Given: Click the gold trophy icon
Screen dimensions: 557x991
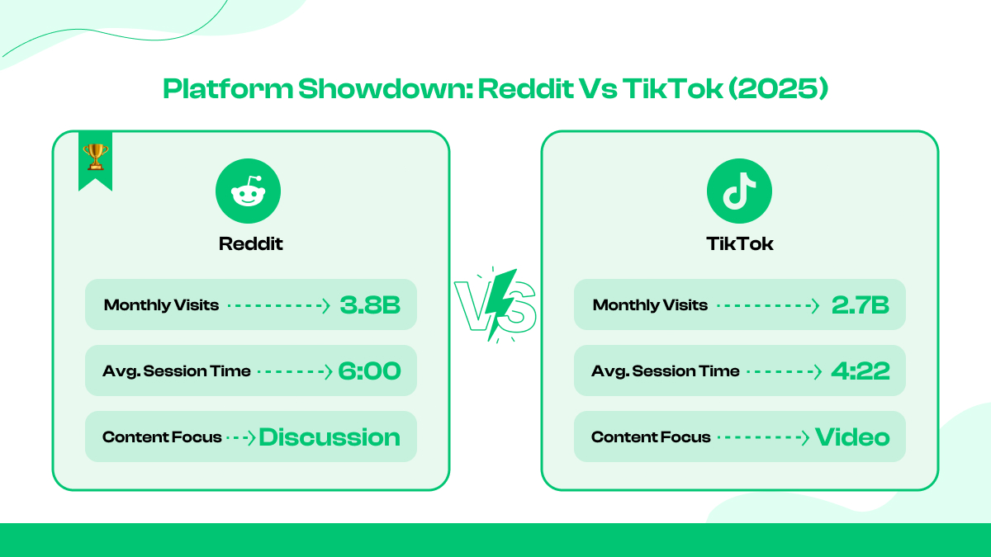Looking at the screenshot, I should (96, 156).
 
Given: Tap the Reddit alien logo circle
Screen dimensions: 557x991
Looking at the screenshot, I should (248, 191).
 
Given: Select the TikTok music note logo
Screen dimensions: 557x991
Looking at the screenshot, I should (739, 191).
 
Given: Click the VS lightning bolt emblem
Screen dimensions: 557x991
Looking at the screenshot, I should (495, 305).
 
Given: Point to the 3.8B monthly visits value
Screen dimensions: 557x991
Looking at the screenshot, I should (370, 305).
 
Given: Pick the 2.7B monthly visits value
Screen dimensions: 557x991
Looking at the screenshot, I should (860, 305).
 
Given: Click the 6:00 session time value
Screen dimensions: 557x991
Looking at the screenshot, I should (369, 371).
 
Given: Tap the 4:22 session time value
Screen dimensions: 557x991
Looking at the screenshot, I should (860, 371).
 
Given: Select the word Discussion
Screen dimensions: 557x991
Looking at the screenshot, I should (330, 437).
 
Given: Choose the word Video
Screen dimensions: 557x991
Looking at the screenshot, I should (852, 437).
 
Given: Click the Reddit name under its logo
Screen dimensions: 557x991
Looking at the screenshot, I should (250, 244).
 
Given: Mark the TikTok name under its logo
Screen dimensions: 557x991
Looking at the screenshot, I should (740, 244).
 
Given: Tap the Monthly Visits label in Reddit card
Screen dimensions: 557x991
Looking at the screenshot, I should (161, 305).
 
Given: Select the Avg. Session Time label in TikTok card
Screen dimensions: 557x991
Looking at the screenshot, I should (665, 371).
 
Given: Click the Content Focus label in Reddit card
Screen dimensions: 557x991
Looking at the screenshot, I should (162, 437).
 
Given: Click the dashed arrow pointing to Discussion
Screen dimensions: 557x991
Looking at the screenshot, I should (241, 437).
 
